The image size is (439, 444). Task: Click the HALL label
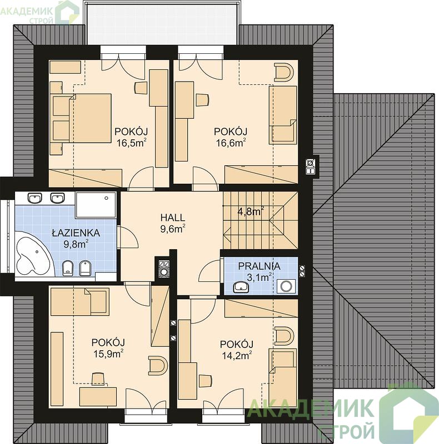[x=173, y=218]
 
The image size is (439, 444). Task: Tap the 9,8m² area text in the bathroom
[x=76, y=244]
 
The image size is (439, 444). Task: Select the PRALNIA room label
[x=259, y=266]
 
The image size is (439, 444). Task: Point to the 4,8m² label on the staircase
[x=251, y=211]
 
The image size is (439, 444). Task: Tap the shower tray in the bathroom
[x=96, y=205]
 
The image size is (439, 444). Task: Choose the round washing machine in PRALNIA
[x=286, y=286]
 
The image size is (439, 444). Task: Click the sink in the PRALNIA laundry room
[x=241, y=287]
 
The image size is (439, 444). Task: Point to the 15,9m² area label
[x=108, y=354]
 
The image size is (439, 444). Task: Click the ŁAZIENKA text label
[x=76, y=233]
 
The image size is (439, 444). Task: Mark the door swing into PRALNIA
[x=210, y=271]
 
